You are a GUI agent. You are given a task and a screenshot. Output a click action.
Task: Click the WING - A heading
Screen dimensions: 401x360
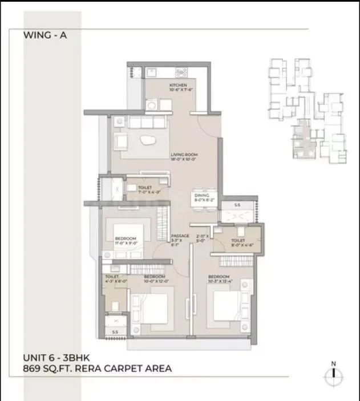45,34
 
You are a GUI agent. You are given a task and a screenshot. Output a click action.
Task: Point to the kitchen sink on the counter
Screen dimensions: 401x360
152,72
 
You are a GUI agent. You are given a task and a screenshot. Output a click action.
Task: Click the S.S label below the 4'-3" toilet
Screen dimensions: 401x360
115,331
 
